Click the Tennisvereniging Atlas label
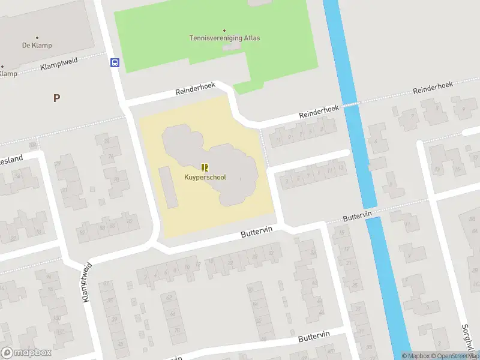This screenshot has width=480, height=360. click(225, 38)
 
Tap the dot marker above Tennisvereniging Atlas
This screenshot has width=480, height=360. click(225, 30)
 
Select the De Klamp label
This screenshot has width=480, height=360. click(37, 46)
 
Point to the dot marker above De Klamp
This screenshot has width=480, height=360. click(37, 37)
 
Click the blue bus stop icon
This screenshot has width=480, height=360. click(115, 62)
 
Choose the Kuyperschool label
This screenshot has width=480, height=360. click(205, 177)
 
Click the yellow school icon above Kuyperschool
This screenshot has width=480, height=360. click(205, 167)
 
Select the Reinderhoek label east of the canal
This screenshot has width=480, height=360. click(433, 88)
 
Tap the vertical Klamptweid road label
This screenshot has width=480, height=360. click(87, 282)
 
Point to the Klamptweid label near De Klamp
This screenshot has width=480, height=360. click(60, 65)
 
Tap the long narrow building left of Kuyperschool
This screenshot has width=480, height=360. click(168, 187)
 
